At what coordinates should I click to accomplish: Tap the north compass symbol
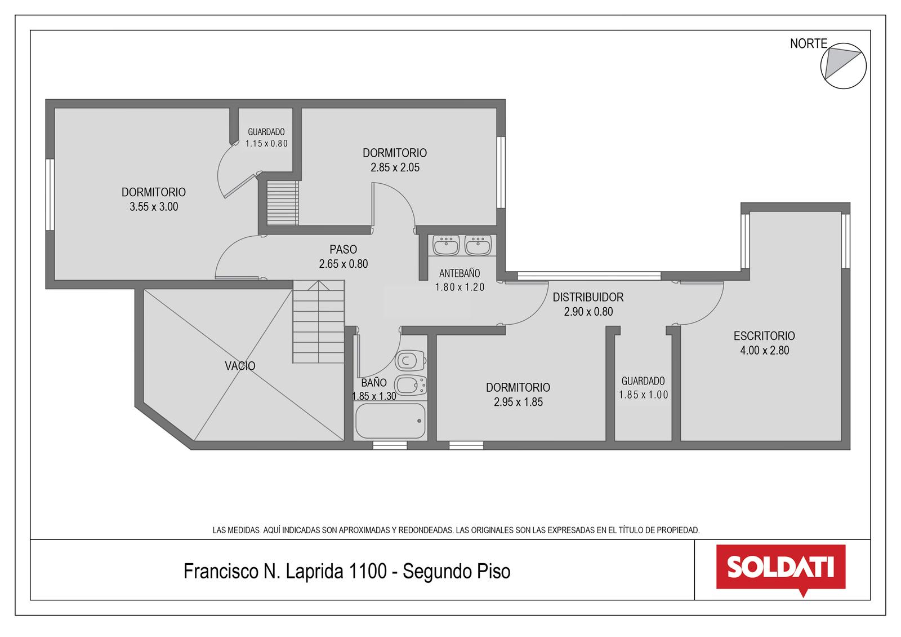tap(843, 66)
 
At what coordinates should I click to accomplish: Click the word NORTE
tap(809, 43)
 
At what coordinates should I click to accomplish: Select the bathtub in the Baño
tap(390, 421)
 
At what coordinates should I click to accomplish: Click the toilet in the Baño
tap(411, 360)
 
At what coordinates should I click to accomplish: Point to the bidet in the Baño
tap(411, 386)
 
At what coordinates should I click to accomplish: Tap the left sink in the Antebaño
tap(446, 245)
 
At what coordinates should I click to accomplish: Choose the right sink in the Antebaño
tap(478, 245)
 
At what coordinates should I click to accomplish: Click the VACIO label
tap(240, 366)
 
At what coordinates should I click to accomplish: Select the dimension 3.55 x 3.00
tap(154, 207)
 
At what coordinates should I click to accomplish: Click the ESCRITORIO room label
tap(764, 336)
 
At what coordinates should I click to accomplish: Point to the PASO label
tap(343, 250)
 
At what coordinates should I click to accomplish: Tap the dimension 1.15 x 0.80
tap(267, 144)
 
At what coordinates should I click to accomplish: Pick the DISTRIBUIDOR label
tap(588, 297)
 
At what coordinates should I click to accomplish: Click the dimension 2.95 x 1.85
tap(518, 402)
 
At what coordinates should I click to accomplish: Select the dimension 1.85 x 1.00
tap(643, 395)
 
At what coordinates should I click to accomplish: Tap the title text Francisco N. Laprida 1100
tap(285, 571)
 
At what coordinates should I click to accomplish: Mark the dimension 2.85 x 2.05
tap(395, 167)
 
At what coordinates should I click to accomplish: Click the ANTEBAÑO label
tap(460, 273)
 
